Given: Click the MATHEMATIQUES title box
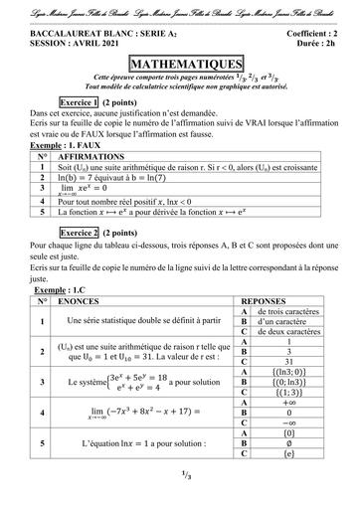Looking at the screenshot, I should (179, 59).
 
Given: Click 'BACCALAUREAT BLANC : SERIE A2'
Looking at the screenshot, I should (83, 32).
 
